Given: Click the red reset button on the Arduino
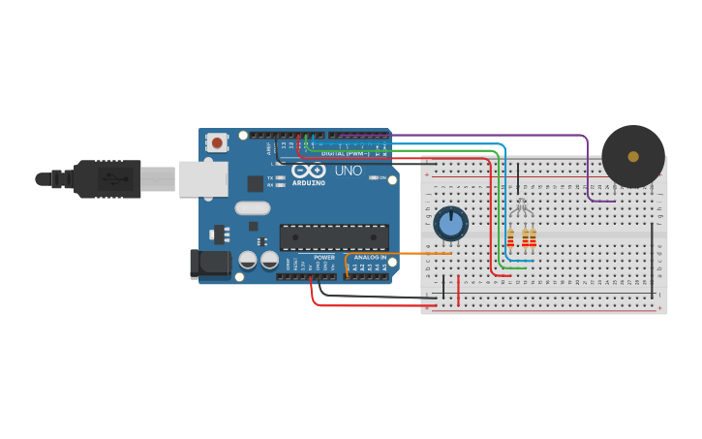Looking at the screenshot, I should [x=217, y=142].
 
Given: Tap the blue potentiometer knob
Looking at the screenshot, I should [x=450, y=224].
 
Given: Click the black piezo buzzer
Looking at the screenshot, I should [x=633, y=156].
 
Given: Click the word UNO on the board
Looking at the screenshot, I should [x=348, y=171].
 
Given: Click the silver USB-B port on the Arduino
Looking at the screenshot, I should [x=203, y=178].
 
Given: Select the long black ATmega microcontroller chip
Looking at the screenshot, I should [x=334, y=237].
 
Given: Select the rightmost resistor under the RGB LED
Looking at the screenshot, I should [x=532, y=238].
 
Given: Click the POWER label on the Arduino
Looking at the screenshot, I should [x=324, y=257].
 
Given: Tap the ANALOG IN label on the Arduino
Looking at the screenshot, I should [x=369, y=257].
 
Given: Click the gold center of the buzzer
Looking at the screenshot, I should [x=633, y=156].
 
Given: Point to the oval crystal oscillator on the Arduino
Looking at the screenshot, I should [x=252, y=206].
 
